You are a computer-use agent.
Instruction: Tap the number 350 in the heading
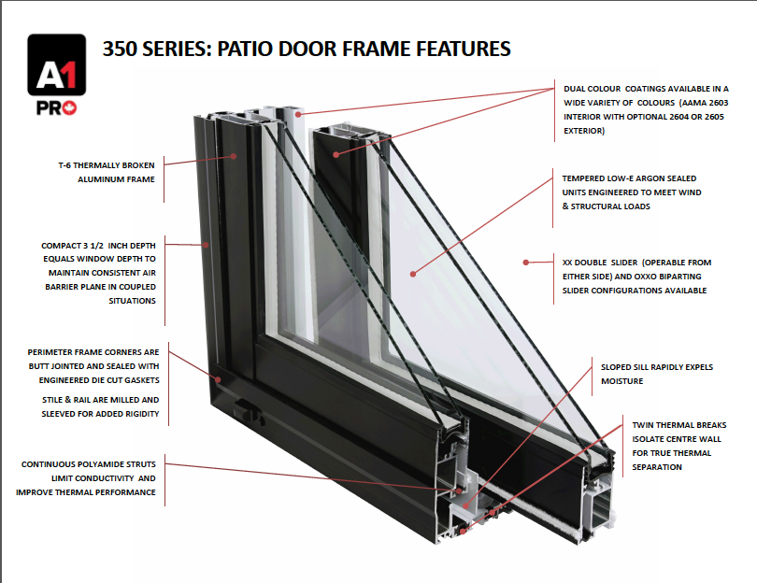(121, 49)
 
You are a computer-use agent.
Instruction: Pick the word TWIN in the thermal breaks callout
(645, 423)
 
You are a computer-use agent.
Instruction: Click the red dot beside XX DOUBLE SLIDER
(526, 263)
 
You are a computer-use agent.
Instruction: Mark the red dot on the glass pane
(411, 273)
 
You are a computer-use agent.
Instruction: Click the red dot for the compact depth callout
(207, 245)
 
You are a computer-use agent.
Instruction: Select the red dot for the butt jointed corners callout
(217, 379)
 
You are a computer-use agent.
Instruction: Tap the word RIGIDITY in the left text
(136, 413)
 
